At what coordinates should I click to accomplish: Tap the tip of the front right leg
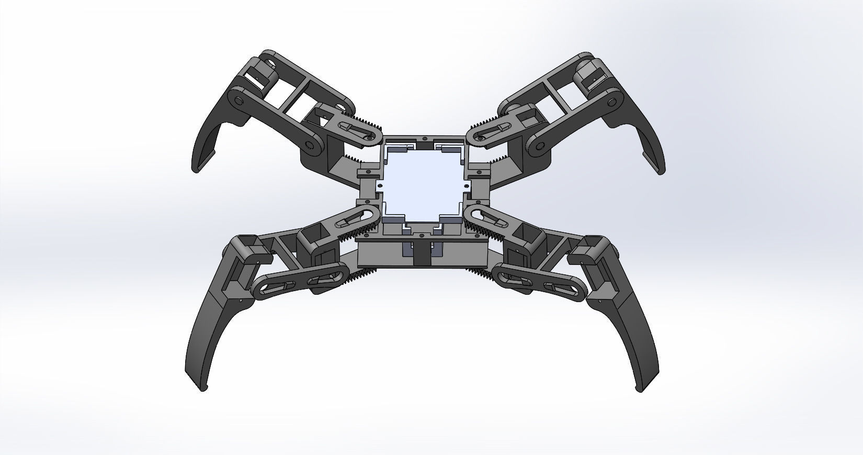(x=639, y=389)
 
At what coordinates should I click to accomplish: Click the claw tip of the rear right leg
(x=660, y=170)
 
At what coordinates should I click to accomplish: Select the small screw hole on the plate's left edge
(x=380, y=184)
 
